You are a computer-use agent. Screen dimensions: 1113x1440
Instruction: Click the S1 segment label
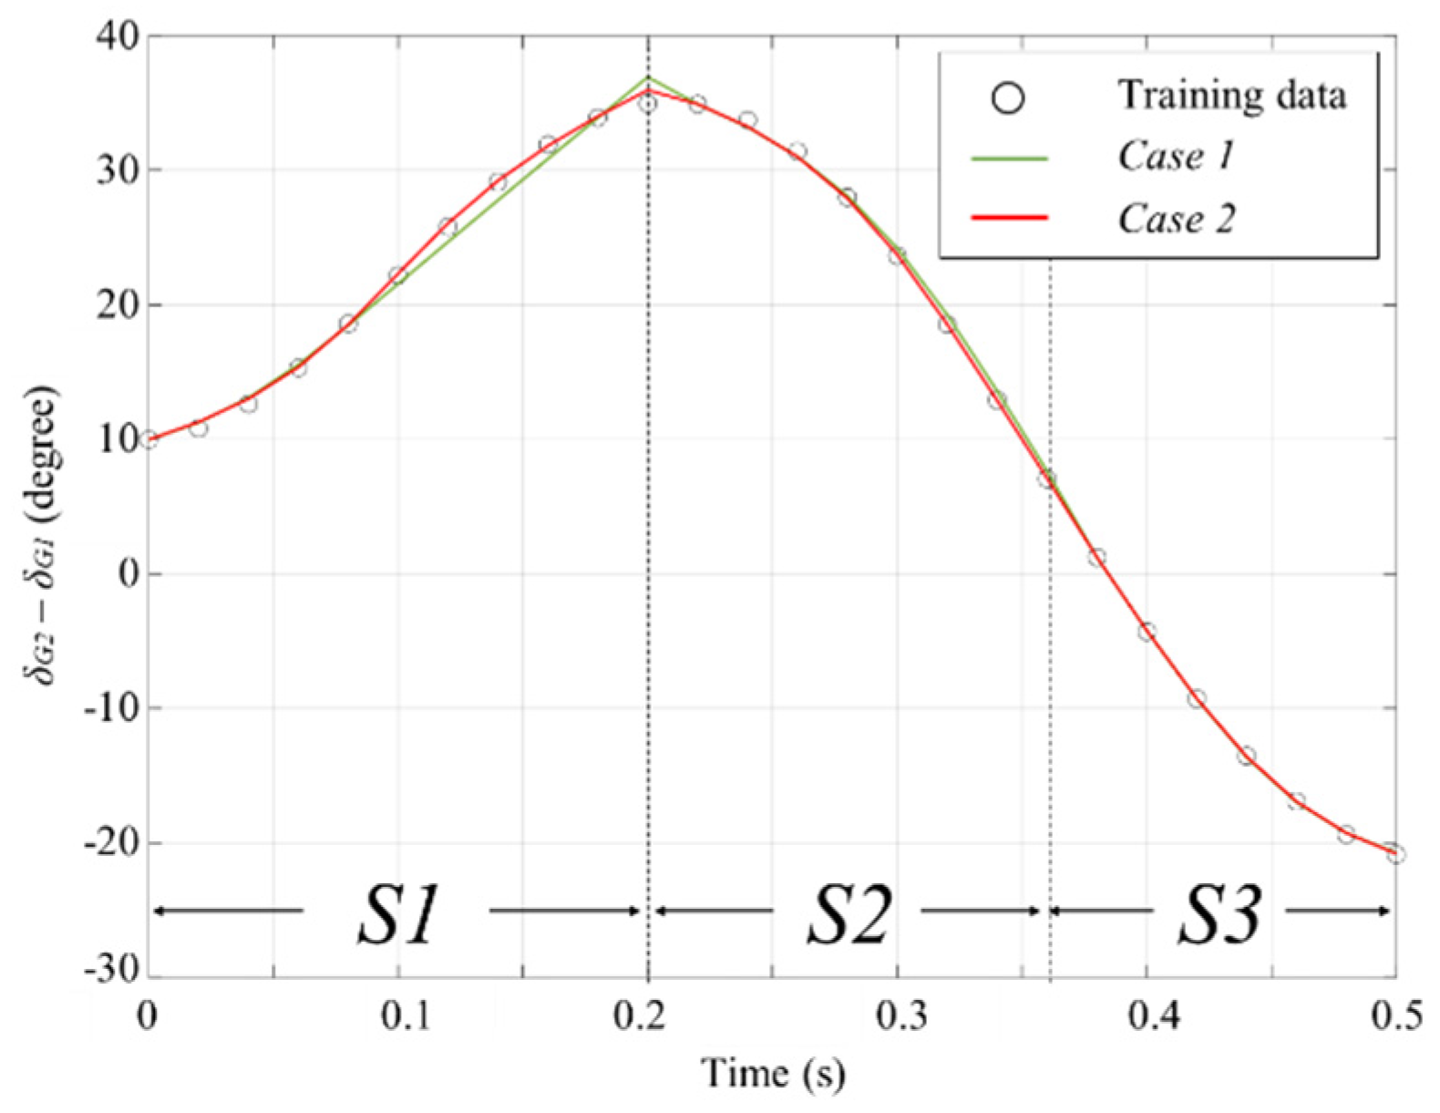tap(399, 914)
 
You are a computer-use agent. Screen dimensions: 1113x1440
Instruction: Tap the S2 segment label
tap(849, 914)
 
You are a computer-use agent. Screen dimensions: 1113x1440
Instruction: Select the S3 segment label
tap(1219, 914)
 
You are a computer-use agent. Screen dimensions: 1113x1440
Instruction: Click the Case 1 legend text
tap(1176, 157)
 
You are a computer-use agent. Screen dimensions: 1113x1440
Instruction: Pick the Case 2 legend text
tap(1176, 219)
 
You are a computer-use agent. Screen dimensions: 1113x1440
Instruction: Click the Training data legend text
tap(1232, 95)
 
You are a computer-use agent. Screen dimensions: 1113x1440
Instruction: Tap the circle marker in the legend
tap(1008, 98)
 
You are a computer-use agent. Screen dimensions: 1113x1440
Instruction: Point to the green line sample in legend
tap(1009, 159)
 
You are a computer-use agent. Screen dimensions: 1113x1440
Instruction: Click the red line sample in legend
tap(1009, 219)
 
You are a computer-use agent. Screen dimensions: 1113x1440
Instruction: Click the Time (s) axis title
tap(773, 1073)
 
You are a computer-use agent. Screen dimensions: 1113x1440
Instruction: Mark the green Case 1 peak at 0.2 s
tap(648, 78)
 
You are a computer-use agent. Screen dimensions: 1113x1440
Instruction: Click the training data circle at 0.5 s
tap(1395, 854)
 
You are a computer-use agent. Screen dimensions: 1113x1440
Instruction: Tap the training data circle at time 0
tap(149, 439)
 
